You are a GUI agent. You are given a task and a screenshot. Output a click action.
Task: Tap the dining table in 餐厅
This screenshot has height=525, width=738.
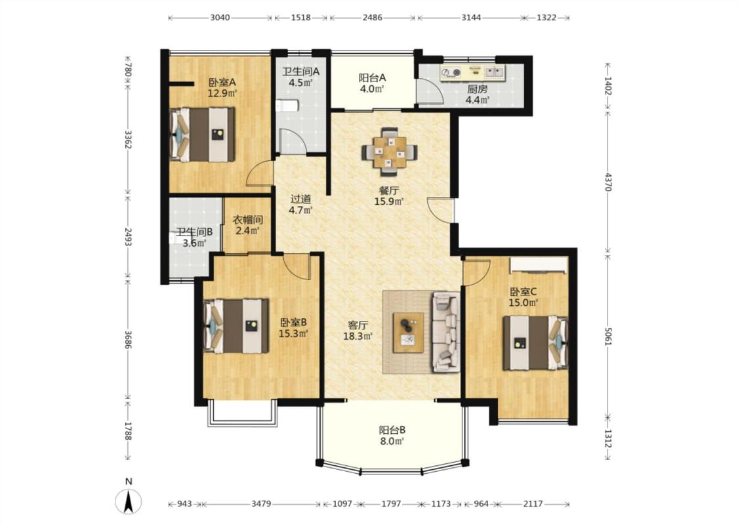pos(389,148)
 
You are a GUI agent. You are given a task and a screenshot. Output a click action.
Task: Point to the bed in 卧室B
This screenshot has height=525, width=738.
pos(236,326)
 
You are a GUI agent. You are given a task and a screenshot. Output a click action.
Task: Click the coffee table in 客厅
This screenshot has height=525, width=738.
pos(409,333)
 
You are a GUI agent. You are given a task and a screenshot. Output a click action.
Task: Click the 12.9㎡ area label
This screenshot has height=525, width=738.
pos(222,93)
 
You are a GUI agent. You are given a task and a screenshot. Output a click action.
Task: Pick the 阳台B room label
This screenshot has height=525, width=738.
pos(392,430)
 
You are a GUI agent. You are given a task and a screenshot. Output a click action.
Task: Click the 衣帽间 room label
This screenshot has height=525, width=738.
pos(248,219)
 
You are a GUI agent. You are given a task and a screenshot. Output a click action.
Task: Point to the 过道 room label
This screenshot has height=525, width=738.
pos(300,199)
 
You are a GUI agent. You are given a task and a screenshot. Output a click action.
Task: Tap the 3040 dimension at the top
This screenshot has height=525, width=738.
pos(220,18)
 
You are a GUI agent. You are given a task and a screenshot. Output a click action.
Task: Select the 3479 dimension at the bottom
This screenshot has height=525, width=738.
pos(260,504)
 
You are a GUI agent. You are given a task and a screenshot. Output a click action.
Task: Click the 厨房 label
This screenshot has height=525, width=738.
pos(478,89)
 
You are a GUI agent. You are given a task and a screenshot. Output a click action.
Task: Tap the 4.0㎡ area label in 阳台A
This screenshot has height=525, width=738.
pos(373,89)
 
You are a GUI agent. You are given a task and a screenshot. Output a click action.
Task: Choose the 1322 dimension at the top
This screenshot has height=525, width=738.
pos(546,18)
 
